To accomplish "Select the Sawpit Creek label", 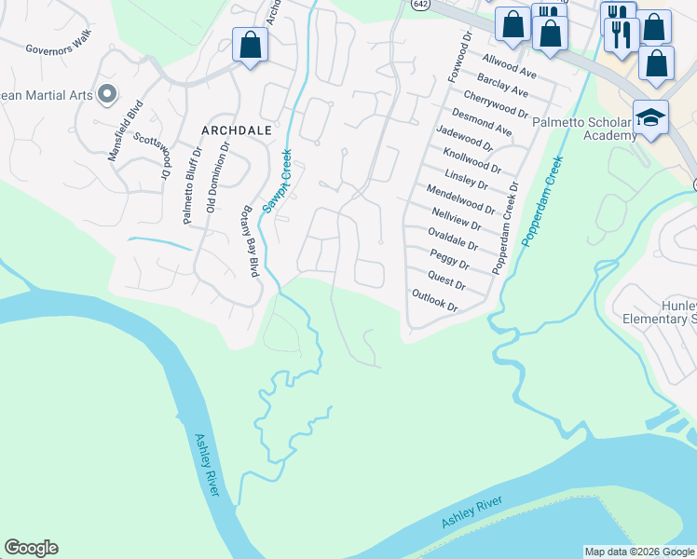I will point(277,182).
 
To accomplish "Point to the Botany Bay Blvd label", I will point(250,241).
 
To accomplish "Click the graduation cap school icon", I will point(650,117).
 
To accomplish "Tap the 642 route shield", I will point(416,5).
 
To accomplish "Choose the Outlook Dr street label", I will point(434,300).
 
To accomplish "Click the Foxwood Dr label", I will point(458,56).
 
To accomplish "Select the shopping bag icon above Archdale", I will point(250,45).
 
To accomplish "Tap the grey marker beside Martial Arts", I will point(106,93).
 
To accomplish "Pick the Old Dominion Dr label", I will point(216,177).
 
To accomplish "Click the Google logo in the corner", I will point(31,548).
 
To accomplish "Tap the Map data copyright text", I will point(638,552).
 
